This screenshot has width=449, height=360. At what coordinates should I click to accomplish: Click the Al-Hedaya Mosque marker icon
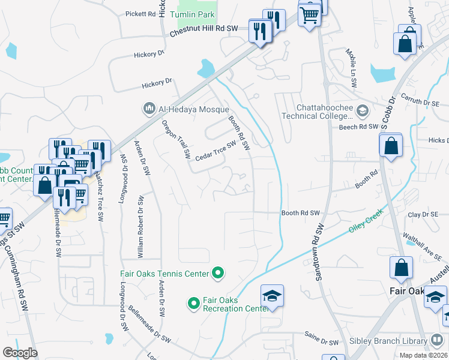point(148,109)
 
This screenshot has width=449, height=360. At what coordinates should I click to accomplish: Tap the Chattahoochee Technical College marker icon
point(362,110)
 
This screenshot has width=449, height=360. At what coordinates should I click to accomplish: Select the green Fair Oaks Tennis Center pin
point(218,274)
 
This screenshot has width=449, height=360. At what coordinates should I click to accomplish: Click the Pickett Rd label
point(140,13)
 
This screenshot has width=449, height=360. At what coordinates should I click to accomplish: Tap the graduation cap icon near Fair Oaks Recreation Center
point(271,296)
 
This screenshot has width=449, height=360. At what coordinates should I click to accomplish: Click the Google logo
point(20,353)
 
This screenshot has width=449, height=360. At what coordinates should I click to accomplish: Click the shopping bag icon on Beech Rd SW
point(391,145)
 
